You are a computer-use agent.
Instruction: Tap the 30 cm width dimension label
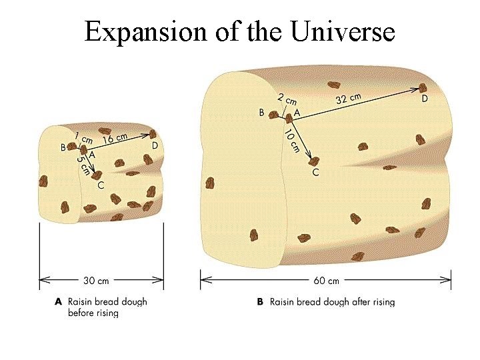tap(96, 281)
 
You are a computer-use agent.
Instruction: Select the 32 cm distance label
tap(349, 98)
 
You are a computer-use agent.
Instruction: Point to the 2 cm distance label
tap(287, 101)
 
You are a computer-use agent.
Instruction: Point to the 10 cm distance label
tap(290, 141)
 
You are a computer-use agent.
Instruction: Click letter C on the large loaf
tap(315, 173)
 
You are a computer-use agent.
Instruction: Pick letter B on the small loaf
tap(63, 148)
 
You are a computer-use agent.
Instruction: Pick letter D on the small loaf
tap(155, 145)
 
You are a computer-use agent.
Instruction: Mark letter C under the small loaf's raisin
tap(100, 185)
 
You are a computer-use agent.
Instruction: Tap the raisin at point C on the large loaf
tap(313, 161)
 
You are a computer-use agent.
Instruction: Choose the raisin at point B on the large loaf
tap(273, 115)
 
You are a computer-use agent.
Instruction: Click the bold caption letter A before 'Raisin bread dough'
tap(59, 302)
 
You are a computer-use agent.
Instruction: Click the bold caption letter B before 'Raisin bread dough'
tap(260, 302)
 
